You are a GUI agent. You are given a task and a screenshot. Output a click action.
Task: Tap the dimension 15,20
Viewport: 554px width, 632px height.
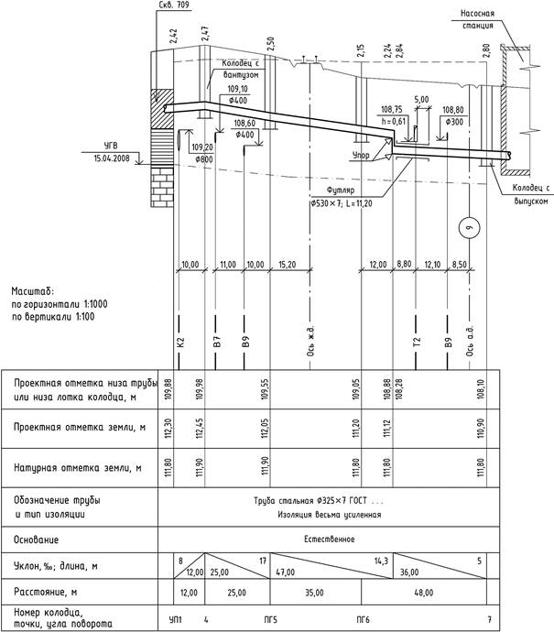287,265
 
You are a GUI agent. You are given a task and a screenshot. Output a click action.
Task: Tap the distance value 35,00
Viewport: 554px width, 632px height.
313,593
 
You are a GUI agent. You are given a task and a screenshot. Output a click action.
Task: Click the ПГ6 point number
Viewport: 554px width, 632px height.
364,620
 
